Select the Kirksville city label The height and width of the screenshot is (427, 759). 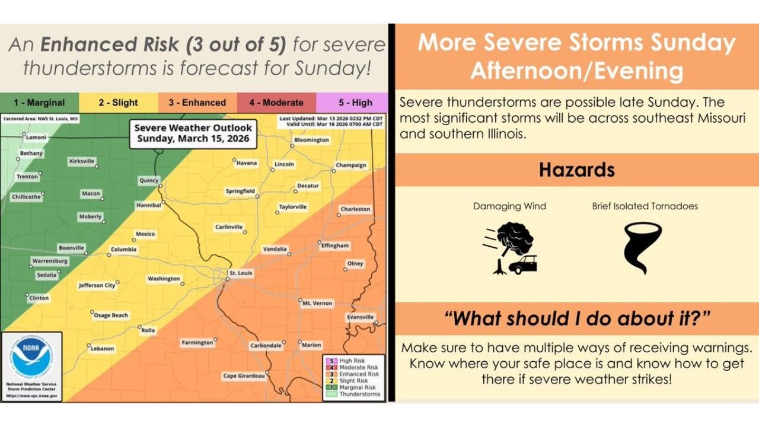coord(82,161)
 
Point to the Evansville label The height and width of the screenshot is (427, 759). coord(361,317)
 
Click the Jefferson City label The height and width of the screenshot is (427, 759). coord(97,285)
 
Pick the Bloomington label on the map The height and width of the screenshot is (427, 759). coord(311,140)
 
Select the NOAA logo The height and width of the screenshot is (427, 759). coord(33,357)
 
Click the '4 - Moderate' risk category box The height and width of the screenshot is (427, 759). coord(276,103)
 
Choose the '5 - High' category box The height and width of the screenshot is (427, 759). coord(352,103)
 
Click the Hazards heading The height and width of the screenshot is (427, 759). coord(576,170)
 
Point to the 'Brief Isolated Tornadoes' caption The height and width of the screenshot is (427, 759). coord(645,206)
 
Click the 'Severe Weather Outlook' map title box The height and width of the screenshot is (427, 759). coord(193,134)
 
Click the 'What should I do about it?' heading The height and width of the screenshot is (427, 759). coord(576,318)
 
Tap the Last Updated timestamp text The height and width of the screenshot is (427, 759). coord(331,118)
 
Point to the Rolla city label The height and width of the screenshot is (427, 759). coord(148,330)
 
